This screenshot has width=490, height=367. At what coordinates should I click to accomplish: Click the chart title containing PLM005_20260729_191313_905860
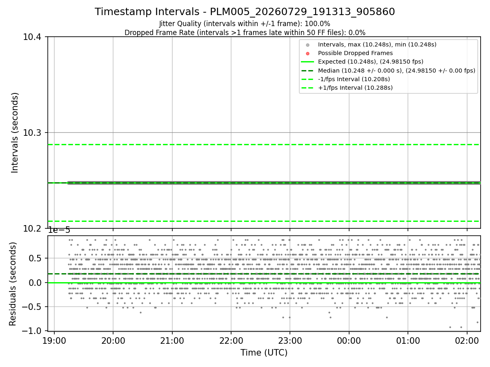click(245, 11)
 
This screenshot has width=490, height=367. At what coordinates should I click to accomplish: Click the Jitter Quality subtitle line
click(245, 24)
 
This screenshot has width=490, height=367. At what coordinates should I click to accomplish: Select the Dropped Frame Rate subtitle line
click(245, 33)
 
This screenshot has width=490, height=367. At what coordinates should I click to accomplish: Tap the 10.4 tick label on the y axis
click(32, 37)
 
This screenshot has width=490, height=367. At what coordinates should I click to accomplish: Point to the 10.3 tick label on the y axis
click(32, 133)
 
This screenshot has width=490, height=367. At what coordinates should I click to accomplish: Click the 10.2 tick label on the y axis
click(32, 229)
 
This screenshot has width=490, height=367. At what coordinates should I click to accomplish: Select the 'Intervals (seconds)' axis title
click(15, 133)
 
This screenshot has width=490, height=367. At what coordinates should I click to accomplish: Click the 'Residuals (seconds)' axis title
click(13, 284)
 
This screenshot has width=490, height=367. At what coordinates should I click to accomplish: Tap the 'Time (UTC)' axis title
click(264, 353)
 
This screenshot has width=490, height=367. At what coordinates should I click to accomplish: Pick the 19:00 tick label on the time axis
click(54, 341)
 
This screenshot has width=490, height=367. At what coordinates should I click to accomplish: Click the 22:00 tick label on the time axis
click(231, 341)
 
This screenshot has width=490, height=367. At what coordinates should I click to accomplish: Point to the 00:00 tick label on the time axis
click(349, 341)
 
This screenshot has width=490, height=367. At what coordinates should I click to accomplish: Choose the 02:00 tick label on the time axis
click(467, 341)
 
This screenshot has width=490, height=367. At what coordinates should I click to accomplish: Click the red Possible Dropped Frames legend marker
click(307, 53)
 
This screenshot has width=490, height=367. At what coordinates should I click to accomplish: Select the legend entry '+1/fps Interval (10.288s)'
click(355, 88)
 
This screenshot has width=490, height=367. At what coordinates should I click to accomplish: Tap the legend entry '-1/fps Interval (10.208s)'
click(354, 79)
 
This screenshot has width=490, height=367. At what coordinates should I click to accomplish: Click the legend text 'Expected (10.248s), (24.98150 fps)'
click(371, 62)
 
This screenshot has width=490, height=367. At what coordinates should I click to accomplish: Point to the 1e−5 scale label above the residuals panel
click(59, 230)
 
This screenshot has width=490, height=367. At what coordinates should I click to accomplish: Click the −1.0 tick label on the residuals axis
click(32, 331)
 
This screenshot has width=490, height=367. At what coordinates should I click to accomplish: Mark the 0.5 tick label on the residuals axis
click(35, 259)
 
